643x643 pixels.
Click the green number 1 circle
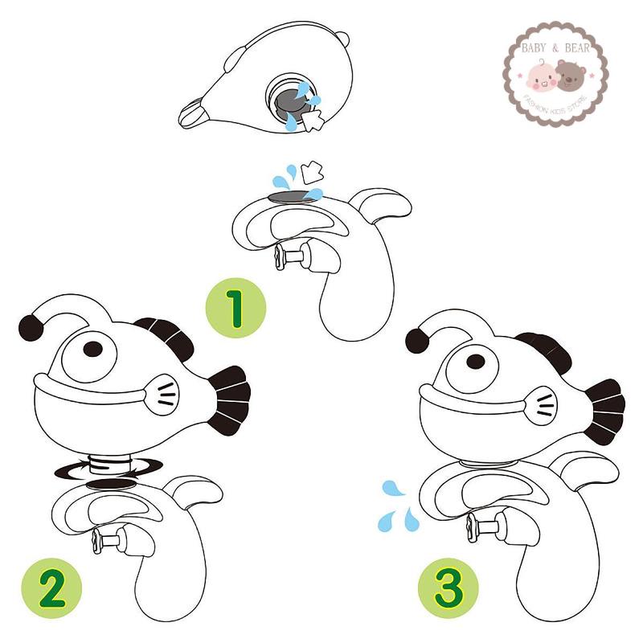click(x=235, y=308)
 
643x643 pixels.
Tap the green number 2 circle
click(x=51, y=588)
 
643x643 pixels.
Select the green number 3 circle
click(x=448, y=588)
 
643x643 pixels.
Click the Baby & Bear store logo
click(x=555, y=74)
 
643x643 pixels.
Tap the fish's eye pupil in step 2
click(x=93, y=349)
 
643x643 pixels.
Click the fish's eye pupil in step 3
click(x=476, y=362)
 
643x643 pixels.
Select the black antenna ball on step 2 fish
click(x=31, y=328)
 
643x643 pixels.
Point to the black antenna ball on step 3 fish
click(x=417, y=341)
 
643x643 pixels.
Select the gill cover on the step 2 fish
click(x=163, y=395)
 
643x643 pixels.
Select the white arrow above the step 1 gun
click(x=312, y=173)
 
